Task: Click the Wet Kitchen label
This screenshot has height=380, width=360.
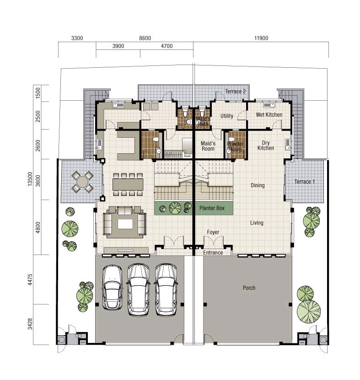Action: (269, 114)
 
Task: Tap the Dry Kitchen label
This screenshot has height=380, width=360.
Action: (266, 146)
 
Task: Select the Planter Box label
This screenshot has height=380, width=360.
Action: (212, 208)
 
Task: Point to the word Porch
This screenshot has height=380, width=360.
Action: (249, 288)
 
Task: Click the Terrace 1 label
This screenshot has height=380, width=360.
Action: (305, 181)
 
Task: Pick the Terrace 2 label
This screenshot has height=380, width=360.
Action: (236, 92)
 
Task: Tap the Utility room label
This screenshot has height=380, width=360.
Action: (227, 116)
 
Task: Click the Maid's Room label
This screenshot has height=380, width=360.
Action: (208, 146)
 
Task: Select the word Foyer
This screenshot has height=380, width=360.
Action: (213, 232)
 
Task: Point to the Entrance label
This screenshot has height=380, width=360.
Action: (213, 253)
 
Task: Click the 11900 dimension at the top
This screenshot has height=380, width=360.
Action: (261, 38)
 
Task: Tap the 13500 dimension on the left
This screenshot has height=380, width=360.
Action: (30, 179)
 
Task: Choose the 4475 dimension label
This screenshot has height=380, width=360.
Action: (30, 279)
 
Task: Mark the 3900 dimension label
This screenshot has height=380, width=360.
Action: (118, 46)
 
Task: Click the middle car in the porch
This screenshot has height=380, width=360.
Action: (139, 290)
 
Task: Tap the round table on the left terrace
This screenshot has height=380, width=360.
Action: (82, 182)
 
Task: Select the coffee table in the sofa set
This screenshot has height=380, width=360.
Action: (125, 224)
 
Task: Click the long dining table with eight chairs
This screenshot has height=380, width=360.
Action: (128, 184)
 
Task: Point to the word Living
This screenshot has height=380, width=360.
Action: (257, 223)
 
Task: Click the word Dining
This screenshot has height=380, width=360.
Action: (258, 185)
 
